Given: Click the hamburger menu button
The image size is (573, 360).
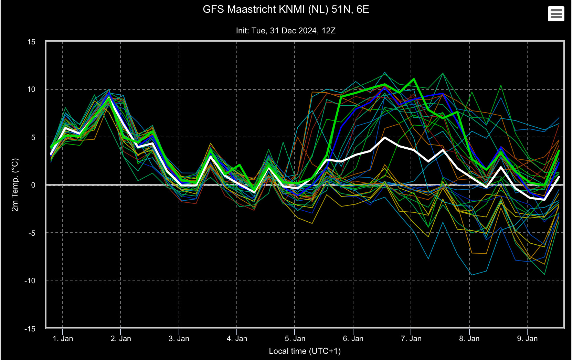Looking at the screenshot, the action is tap(556, 13).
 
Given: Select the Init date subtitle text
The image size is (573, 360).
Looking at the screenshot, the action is tap(286, 31).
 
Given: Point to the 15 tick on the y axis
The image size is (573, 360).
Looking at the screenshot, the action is tap(31, 42).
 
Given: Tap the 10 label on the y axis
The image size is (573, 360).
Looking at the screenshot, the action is tap(31, 89).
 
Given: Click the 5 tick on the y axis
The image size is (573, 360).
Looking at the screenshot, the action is tap(33, 137).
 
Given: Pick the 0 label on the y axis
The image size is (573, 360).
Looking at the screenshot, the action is tap(33, 185).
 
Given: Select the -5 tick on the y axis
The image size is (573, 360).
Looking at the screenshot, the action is tap(32, 233).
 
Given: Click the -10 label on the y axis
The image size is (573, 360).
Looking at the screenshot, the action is tap(30, 281).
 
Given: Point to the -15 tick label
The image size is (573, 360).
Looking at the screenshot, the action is tap(30, 329).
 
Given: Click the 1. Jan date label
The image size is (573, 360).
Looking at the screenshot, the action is tap(63, 339).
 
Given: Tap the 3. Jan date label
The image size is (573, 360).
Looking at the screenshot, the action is tap(179, 339).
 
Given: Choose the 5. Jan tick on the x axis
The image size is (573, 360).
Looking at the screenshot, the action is tap(295, 339).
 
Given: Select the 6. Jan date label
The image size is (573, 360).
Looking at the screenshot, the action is tap(353, 339).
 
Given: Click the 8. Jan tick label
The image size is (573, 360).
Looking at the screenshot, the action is tap(469, 339).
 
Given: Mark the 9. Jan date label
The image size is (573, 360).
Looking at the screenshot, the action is tap(527, 339).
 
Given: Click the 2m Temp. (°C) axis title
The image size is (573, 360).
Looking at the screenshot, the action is tap(15, 185).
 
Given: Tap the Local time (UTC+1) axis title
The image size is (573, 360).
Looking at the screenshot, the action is tap(305, 351).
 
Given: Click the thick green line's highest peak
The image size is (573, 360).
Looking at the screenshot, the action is tap(414, 79).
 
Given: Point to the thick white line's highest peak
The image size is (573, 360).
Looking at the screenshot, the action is tap(385, 138).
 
